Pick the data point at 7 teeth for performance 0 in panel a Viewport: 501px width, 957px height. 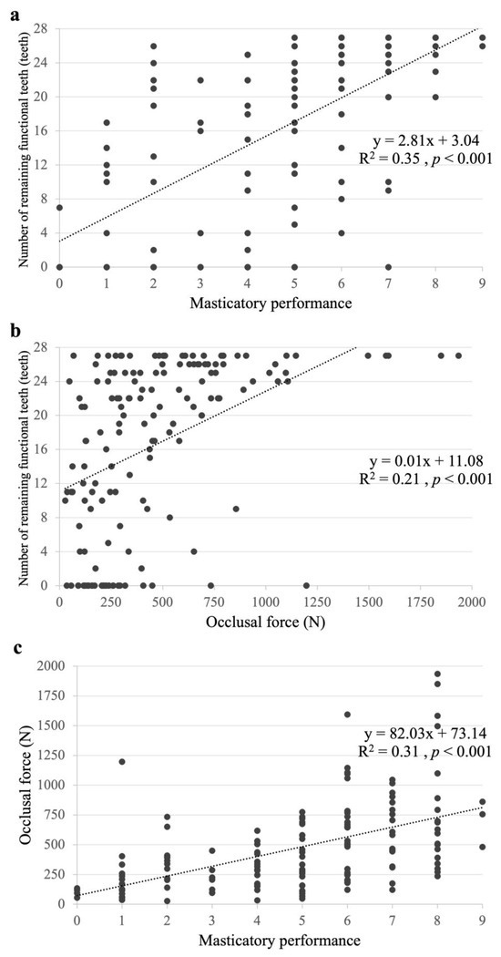(59, 208)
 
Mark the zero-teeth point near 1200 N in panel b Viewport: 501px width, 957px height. (306, 585)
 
